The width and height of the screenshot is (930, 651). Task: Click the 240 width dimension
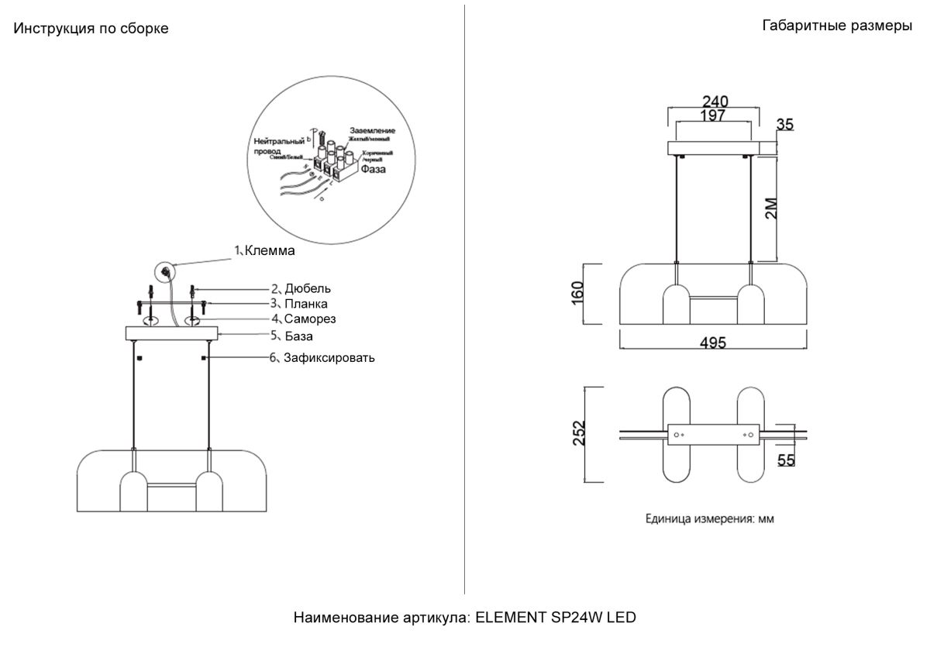pyautogui.click(x=715, y=102)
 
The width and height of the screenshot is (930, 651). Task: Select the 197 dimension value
pyautogui.click(x=711, y=115)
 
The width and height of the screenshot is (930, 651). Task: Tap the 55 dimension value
pyautogui.click(x=786, y=460)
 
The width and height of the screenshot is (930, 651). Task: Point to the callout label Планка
pyautogui.click(x=305, y=304)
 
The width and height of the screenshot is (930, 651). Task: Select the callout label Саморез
pyautogui.click(x=309, y=319)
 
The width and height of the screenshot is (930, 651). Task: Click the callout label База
pyautogui.click(x=298, y=336)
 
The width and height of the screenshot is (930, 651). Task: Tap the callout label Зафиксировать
pyautogui.click(x=329, y=357)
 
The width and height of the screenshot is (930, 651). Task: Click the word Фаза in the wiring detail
pyautogui.click(x=372, y=168)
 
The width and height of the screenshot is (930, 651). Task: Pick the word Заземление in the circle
pyautogui.click(x=373, y=130)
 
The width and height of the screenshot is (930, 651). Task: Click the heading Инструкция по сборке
pyautogui.click(x=91, y=29)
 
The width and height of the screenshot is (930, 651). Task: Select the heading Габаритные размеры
pyautogui.click(x=837, y=26)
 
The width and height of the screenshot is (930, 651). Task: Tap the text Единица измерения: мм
pyautogui.click(x=709, y=519)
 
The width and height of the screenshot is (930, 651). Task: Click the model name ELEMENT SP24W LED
pyautogui.click(x=555, y=618)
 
